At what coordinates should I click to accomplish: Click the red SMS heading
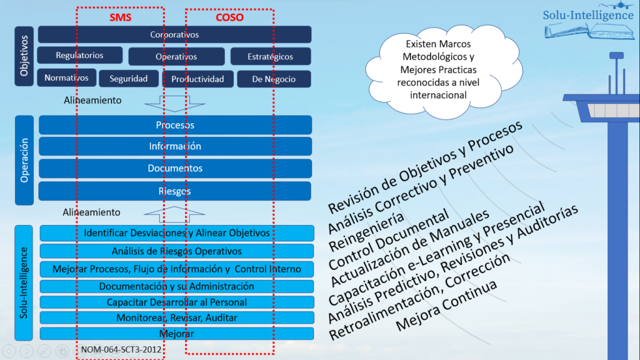[121, 17]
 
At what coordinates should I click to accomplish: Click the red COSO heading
[229, 17]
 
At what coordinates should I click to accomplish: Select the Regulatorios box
[80, 55]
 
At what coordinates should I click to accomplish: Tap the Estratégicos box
[271, 56]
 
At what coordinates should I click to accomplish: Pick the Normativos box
[67, 77]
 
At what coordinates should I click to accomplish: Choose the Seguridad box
[129, 79]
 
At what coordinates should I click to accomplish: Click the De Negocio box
[274, 79]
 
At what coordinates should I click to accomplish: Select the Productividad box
[198, 79]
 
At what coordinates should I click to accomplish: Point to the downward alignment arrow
[175, 104]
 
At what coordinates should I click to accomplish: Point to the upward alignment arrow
[175, 214]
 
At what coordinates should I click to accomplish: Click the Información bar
[175, 146]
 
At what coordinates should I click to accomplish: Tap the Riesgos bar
[175, 191]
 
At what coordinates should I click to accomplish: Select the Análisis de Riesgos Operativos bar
[177, 251]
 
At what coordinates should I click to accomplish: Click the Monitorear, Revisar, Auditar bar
[177, 317]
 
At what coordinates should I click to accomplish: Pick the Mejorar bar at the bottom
[177, 334]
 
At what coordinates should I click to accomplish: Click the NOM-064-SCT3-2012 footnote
[121, 349]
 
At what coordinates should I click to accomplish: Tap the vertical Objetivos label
[24, 56]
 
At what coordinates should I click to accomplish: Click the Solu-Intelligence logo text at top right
[588, 15]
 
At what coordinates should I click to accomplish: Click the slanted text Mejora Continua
[446, 305]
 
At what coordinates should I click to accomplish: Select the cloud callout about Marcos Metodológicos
[444, 71]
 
